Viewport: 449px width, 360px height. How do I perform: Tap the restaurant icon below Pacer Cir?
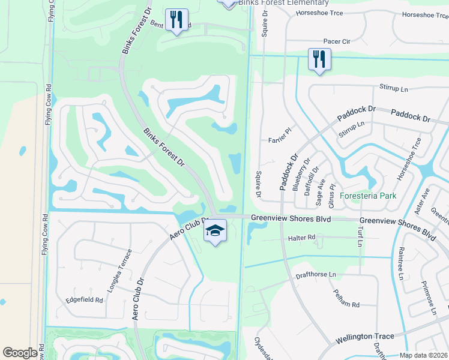coord(319,59)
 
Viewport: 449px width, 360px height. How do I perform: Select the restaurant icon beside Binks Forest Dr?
coord(176,20)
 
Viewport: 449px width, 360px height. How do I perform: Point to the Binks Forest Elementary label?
coord(283,4)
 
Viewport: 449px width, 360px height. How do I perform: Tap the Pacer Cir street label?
coord(337,41)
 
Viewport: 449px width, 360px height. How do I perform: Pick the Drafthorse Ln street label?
coord(318,275)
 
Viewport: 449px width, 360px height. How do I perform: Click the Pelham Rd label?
coord(347,305)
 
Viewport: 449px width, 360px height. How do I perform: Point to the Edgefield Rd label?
coord(85,299)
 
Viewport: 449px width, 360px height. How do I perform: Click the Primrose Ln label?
coord(429,297)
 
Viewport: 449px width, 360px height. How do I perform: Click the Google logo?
coord(20,353)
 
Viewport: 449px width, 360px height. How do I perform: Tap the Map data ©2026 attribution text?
coord(423,355)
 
